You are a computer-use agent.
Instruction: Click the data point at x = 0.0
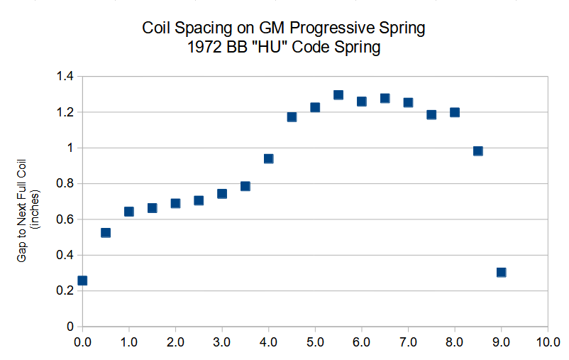(x=82, y=280)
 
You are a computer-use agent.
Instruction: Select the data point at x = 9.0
(x=501, y=272)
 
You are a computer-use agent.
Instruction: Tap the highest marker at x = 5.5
(x=338, y=95)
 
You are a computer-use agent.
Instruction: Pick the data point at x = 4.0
(x=268, y=158)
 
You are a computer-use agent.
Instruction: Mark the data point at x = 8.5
(x=477, y=151)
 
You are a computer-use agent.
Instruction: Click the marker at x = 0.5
(x=106, y=232)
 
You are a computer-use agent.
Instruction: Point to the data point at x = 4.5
(x=292, y=116)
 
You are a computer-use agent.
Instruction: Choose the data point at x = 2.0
(x=175, y=203)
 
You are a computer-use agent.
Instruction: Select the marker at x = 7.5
(x=431, y=114)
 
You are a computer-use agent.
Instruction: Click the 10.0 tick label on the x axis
(x=547, y=342)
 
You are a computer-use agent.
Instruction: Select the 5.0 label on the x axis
(x=315, y=342)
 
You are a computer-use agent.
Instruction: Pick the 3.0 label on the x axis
(x=222, y=342)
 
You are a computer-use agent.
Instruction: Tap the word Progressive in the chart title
(x=349, y=29)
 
